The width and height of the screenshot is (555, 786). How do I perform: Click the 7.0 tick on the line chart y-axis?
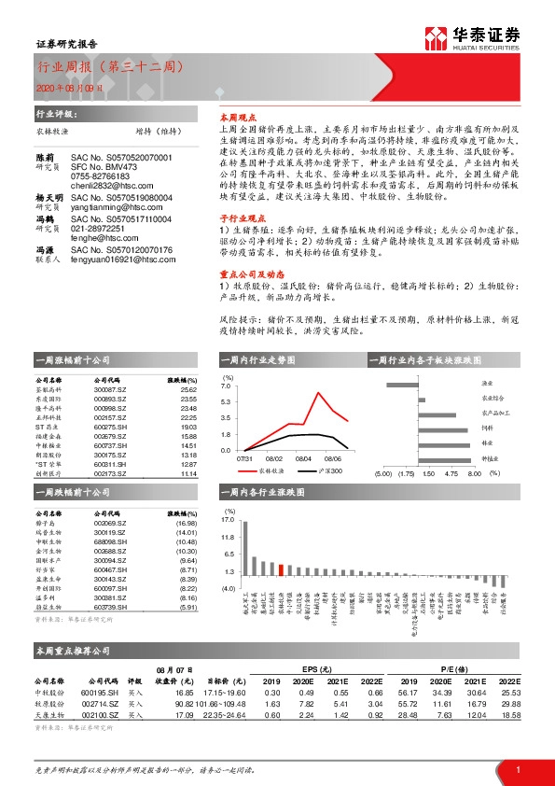225,386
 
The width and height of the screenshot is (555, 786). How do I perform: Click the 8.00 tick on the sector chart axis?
473,473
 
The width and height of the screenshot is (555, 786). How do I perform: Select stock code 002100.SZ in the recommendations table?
103,715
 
